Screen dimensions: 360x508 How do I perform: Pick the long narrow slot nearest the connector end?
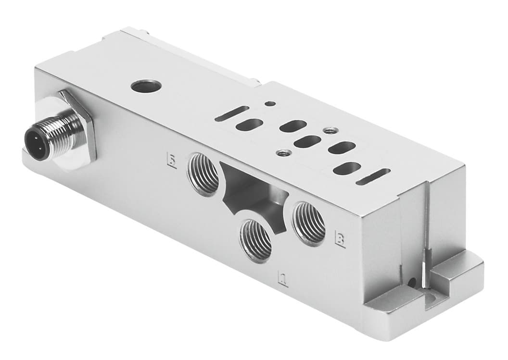point(232,113)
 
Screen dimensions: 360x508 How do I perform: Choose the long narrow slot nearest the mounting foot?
point(373,177)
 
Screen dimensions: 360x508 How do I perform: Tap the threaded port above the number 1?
point(256,240)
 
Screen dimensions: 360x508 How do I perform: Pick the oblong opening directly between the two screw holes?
point(307,142)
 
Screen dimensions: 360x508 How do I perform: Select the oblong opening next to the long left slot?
point(250,124)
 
